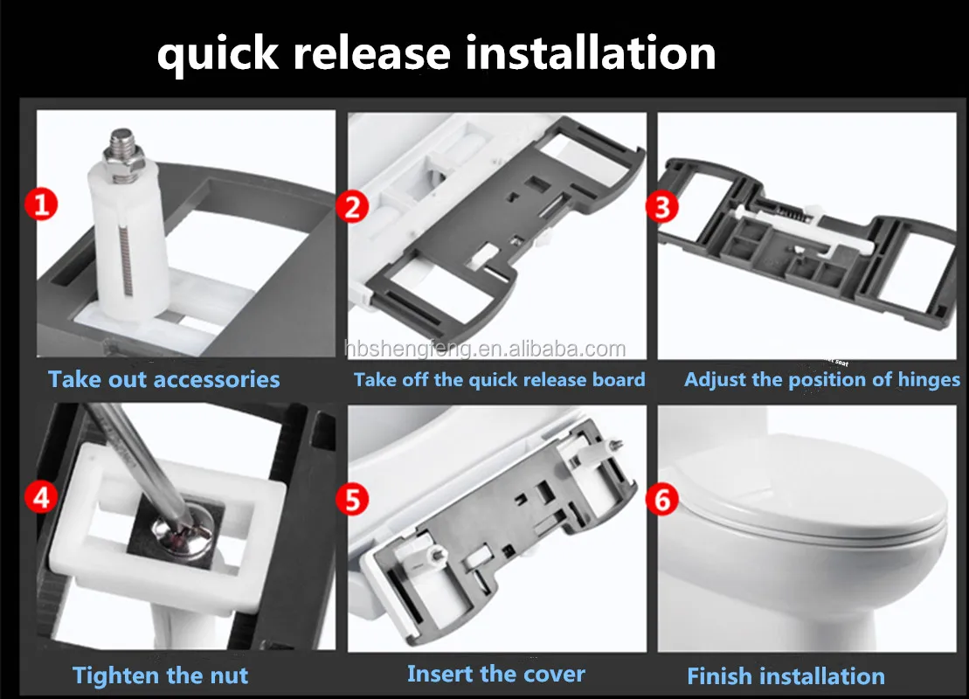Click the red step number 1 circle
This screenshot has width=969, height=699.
[x=41, y=204]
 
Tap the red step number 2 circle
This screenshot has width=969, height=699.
[x=352, y=206]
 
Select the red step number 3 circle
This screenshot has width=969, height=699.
[x=661, y=206]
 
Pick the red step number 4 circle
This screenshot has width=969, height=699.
[x=41, y=497]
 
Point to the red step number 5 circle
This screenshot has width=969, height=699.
[x=352, y=500]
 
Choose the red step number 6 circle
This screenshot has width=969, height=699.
[x=661, y=500]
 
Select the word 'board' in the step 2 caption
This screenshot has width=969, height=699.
[x=619, y=379]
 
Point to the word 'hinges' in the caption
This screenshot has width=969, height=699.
[x=929, y=379]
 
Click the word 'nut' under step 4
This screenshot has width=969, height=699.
[x=229, y=675]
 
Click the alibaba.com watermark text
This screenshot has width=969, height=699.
[x=485, y=349]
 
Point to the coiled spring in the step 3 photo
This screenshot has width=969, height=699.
[x=783, y=210]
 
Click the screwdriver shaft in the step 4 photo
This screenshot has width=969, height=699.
[x=139, y=460]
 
